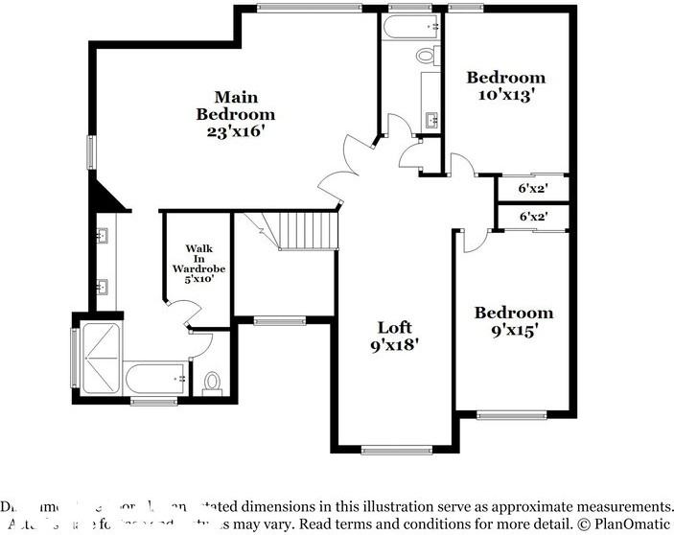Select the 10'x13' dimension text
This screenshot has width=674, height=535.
pyautogui.click(x=505, y=95)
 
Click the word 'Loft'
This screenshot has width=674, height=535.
pyautogui.click(x=394, y=326)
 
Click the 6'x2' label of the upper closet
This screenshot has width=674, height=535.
pyautogui.click(x=533, y=189)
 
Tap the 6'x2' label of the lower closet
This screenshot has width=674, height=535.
pyautogui.click(x=533, y=218)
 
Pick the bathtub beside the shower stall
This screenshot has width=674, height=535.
pyautogui.click(x=155, y=379)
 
